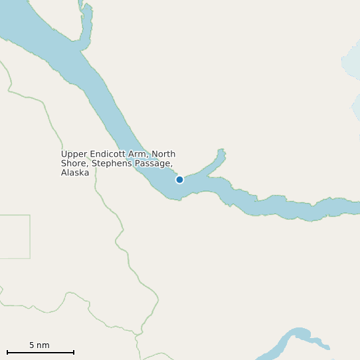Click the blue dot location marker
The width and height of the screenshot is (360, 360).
pyautogui.click(x=179, y=179)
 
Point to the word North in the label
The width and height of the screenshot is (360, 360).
pyautogui.click(x=163, y=154)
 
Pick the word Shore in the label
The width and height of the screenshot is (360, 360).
pyautogui.click(x=74, y=163)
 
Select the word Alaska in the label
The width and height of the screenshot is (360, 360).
pyautogui.click(x=74, y=173)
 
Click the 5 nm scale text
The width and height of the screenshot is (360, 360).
pyautogui.click(x=39, y=345)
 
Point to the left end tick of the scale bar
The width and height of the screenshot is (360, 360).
pyautogui.click(x=7, y=352)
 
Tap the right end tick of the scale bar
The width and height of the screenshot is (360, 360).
pyautogui.click(x=74, y=352)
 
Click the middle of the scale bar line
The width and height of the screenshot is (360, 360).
pyautogui.click(x=41, y=352)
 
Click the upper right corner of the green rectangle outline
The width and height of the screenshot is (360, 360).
pyautogui.click(x=30, y=215)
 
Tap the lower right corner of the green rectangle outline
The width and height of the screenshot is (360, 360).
pyautogui.click(x=30, y=258)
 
